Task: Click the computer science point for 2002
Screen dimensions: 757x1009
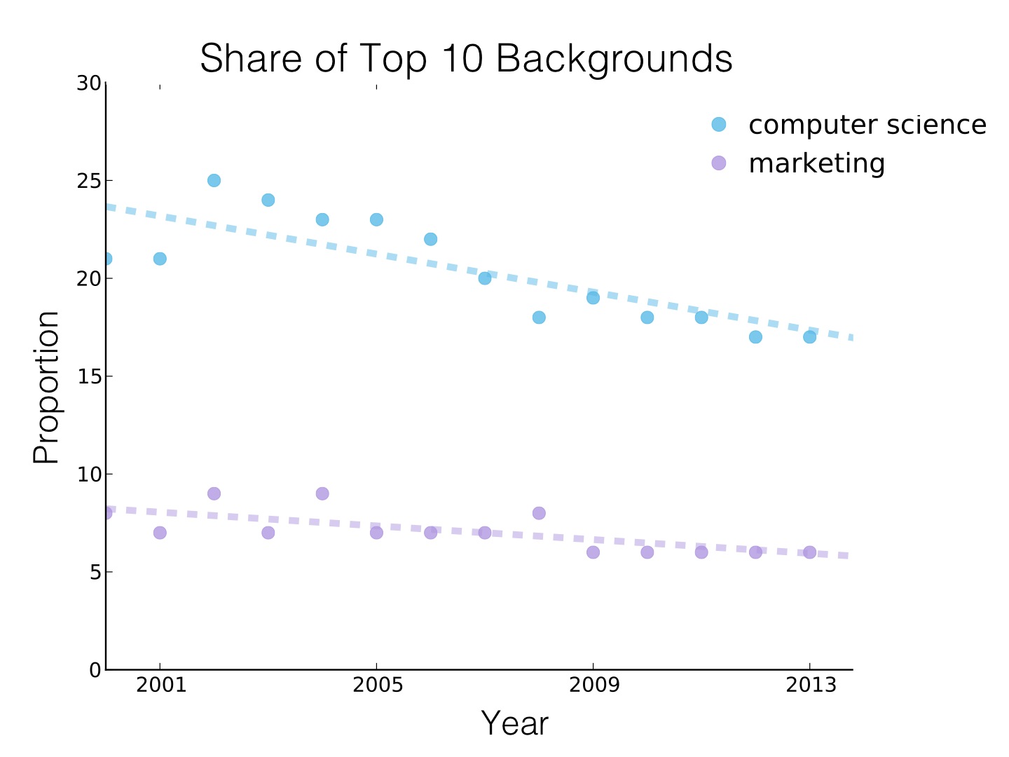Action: [214, 180]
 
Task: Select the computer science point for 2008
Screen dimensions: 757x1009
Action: [539, 318]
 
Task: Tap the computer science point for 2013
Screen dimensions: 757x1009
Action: [809, 337]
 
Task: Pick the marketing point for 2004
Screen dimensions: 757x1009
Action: [322, 493]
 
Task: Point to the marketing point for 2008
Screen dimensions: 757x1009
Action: [539, 513]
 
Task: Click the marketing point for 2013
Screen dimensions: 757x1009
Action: [809, 552]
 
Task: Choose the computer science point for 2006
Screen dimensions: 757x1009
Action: [430, 239]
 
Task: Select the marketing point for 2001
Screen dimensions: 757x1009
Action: [160, 533]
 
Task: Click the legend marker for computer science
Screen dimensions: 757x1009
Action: [719, 125]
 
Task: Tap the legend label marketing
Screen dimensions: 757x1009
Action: [816, 163]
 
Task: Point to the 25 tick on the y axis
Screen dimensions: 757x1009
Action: [106, 181]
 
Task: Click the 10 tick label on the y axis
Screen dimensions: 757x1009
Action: [89, 475]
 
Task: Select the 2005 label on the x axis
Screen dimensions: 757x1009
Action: [377, 685]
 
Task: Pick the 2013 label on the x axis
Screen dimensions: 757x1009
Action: [810, 685]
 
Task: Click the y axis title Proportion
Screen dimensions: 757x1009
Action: [46, 387]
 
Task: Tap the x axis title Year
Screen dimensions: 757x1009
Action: [514, 723]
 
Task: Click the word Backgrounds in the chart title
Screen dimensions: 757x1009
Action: [614, 59]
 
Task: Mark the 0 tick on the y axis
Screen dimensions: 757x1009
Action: [106, 669]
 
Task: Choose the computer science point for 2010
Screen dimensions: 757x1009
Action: [647, 318]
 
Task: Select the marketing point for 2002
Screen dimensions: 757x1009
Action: [214, 493]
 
